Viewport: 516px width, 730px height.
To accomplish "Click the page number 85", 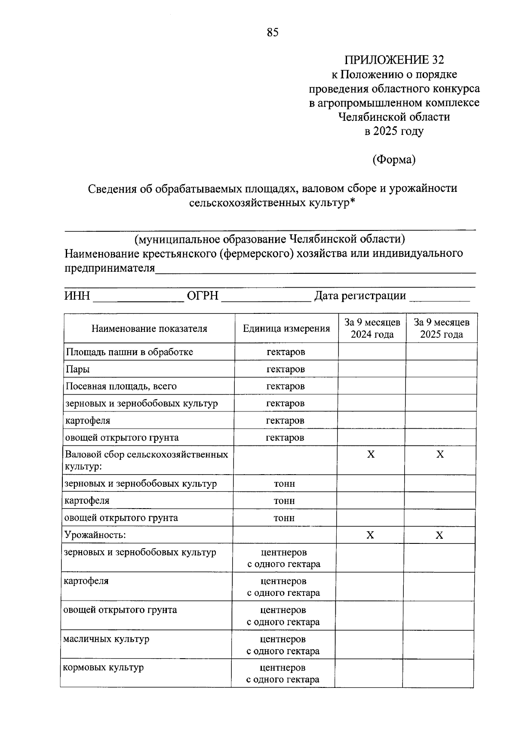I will (273, 32).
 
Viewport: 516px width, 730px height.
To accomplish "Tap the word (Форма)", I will (394, 160).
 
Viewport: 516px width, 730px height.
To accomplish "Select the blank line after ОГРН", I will (266, 297).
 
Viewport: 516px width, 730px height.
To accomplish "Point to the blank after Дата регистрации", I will (439, 297).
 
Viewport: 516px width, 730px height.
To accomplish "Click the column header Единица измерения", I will (286, 329).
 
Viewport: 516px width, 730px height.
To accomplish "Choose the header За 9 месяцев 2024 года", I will (372, 328).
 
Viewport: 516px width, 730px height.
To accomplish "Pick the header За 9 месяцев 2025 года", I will (442, 328).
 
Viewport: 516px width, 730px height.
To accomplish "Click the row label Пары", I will (78, 369).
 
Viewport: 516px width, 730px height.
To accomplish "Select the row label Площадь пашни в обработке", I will (129, 352).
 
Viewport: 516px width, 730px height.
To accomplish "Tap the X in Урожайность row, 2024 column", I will (370, 535).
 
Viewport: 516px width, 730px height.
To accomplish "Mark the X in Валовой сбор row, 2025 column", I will (440, 454).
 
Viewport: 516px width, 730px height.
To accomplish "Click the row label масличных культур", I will (106, 639).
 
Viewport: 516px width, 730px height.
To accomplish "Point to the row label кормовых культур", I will (103, 668).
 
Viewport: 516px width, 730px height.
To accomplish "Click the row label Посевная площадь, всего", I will (121, 386).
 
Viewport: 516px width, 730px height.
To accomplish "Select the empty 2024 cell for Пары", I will (372, 369).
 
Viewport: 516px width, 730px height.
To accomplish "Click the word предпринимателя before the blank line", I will (110, 268).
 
